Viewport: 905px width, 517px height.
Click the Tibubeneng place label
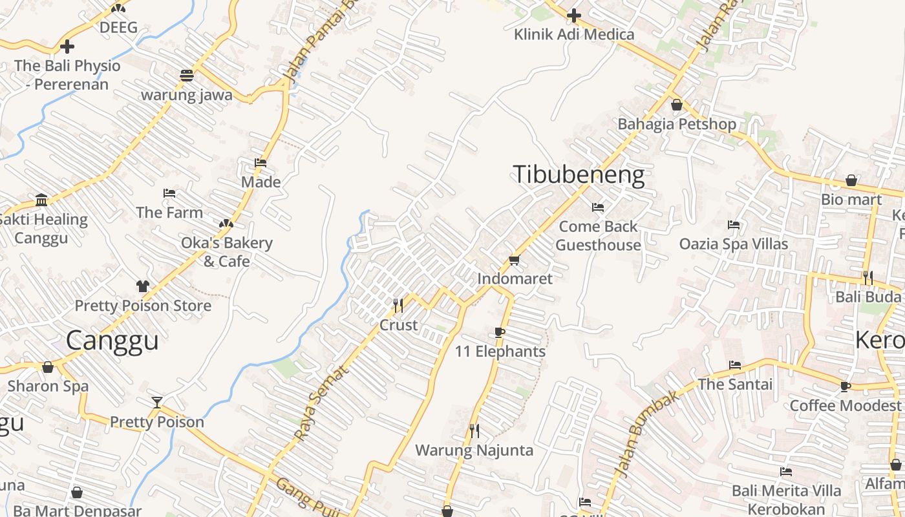click(x=579, y=175)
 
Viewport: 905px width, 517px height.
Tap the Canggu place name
click(x=112, y=340)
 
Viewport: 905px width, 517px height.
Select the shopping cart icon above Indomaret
click(x=514, y=260)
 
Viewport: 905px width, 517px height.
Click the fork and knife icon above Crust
click(x=398, y=304)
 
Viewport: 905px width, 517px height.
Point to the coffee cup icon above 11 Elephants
click(x=499, y=332)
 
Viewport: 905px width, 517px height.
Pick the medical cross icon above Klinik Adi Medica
click(x=573, y=16)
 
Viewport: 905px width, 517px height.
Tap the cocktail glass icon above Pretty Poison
click(x=156, y=403)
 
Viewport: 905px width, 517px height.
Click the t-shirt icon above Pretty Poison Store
click(x=142, y=286)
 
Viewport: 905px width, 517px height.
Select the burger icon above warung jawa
click(x=187, y=75)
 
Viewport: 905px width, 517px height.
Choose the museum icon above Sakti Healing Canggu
click(x=42, y=200)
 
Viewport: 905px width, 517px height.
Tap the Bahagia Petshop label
click(x=677, y=123)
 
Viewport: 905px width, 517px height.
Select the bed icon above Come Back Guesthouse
click(x=598, y=207)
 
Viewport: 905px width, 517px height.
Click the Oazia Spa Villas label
click(x=733, y=244)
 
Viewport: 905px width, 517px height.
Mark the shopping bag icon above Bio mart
click(x=851, y=180)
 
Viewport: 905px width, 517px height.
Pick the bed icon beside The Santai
click(x=735, y=364)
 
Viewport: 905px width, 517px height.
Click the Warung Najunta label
click(x=474, y=450)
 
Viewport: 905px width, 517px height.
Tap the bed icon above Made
click(x=261, y=163)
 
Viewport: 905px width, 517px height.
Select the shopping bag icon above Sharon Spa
click(x=48, y=367)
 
